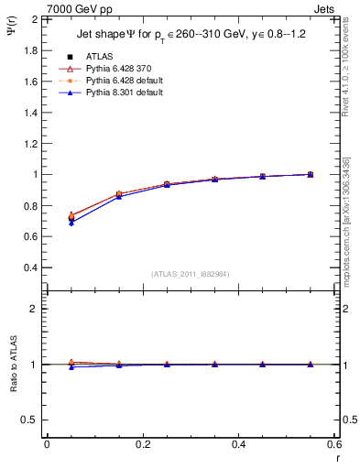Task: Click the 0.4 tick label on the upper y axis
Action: (30, 267)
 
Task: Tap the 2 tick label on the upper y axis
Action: (35, 19)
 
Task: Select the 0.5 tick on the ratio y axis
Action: (30, 420)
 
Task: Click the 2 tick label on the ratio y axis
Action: (35, 309)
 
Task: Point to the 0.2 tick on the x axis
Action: (143, 444)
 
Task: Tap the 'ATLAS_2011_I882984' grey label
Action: (191, 274)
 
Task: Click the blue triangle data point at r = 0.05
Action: (71, 223)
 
